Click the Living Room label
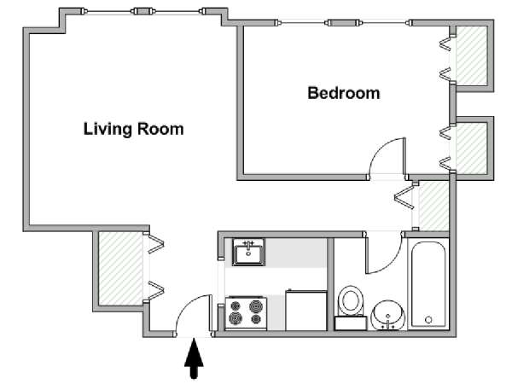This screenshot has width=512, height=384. tap(134, 129)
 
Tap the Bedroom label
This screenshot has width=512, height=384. tap(344, 93)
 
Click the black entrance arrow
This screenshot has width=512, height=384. tap(194, 358)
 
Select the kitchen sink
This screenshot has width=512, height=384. tap(248, 252)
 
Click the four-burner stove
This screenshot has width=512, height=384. tap(246, 313)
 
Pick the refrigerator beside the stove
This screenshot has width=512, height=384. tap(306, 311)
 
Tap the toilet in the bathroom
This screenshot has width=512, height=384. tap(351, 307)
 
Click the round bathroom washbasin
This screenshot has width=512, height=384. tap(387, 315)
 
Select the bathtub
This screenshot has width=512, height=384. tap(428, 284)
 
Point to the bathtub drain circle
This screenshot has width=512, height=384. tap(428, 320)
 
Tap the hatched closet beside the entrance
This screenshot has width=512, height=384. tap(120, 269)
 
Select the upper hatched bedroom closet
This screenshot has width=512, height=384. tap(472, 55)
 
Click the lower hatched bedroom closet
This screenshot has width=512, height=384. tap(472, 148)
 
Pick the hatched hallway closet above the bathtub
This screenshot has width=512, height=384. tap(433, 207)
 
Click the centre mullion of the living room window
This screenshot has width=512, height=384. tap(143, 11)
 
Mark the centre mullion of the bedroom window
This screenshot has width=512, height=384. tap(343, 23)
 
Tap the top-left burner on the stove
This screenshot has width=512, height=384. tap(236, 306)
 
